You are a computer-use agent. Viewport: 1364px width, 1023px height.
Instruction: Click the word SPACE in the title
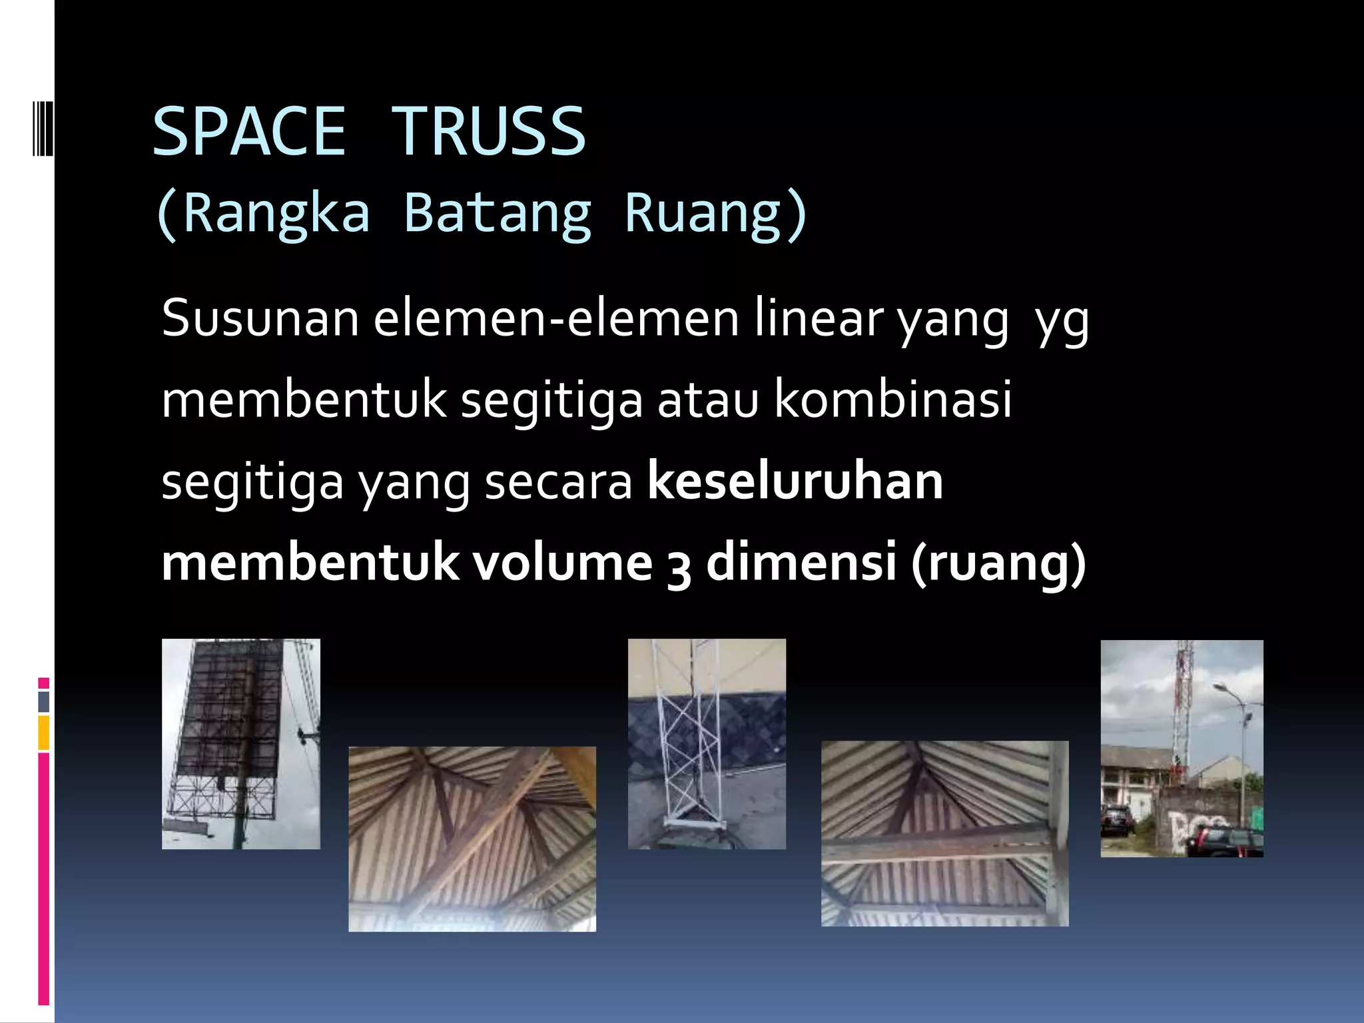tap(249, 131)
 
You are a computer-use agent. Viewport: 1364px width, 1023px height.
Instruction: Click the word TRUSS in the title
tap(488, 131)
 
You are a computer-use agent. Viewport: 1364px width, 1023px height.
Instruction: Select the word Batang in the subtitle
tap(497, 214)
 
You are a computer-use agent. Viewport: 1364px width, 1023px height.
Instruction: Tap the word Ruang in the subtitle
tap(703, 214)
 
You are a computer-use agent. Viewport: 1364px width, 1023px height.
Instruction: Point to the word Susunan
tap(260, 318)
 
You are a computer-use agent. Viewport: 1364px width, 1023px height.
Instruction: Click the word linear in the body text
tap(819, 318)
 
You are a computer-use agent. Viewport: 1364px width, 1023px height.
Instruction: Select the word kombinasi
tap(892, 400)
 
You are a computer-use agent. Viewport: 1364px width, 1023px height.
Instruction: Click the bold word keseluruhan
tap(795, 481)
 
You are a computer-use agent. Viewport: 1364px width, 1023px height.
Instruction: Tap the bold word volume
tap(563, 562)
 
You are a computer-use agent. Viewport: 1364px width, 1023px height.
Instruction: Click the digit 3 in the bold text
tap(679, 566)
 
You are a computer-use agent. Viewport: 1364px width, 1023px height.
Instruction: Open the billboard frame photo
tap(240, 743)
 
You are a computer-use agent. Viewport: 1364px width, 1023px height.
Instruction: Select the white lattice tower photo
tap(707, 743)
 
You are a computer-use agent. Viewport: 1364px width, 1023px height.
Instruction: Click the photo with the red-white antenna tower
tap(1182, 748)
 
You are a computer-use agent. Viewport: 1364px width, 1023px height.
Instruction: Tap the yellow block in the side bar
tap(44, 733)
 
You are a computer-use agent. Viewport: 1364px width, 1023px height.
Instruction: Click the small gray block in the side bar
tap(44, 701)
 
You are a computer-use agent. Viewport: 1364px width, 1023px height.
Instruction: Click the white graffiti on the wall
tap(1192, 833)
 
